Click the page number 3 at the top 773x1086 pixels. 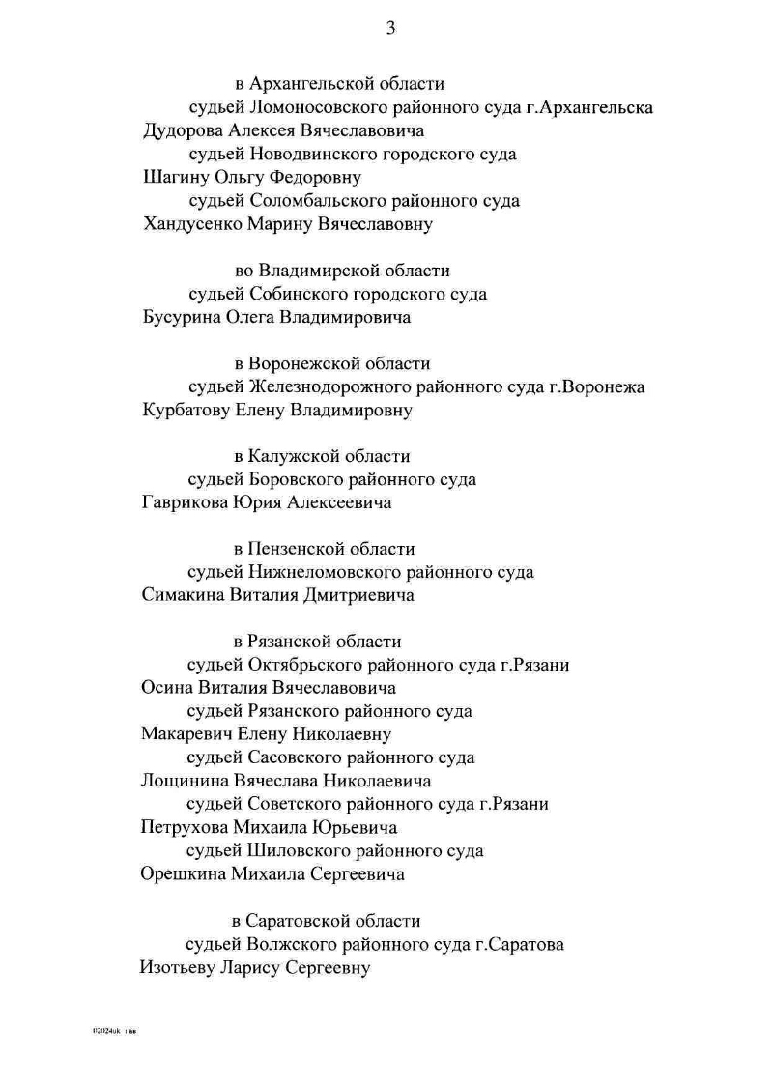[x=390, y=28]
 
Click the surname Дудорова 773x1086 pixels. [x=185, y=130]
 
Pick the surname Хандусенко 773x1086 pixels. [x=192, y=225]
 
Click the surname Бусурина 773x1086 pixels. [x=181, y=318]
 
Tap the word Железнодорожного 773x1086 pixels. [x=325, y=387]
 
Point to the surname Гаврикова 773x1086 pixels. [x=185, y=502]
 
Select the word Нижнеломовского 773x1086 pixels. [x=319, y=572]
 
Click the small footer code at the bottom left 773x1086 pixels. [x=115, y=1032]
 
